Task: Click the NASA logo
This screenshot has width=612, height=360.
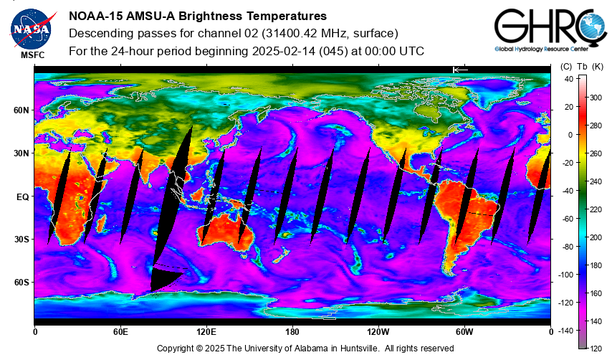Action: tap(32, 29)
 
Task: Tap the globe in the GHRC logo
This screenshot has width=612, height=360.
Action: tap(593, 26)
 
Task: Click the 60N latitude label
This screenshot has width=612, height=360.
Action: tap(21, 110)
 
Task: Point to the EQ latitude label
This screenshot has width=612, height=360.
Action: tap(23, 197)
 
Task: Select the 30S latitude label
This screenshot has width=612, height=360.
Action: tap(21, 240)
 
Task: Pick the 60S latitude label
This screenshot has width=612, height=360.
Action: tap(21, 283)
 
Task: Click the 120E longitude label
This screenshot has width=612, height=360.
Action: tap(206, 332)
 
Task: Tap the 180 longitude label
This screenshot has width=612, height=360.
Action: tap(292, 332)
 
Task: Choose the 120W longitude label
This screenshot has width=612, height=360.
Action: tap(378, 332)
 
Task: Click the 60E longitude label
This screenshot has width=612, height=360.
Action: tap(120, 332)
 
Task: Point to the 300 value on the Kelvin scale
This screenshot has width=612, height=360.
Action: tap(596, 98)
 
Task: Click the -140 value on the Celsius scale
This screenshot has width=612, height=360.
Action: tap(565, 331)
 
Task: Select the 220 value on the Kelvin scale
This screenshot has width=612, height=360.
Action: tap(596, 209)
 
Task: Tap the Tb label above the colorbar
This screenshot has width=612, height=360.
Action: tap(582, 67)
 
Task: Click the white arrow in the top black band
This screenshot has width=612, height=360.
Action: tap(460, 70)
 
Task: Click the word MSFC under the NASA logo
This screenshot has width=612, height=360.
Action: tap(33, 55)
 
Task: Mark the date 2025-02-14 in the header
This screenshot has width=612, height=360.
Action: tap(284, 51)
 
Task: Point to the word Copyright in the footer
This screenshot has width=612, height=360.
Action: tap(175, 349)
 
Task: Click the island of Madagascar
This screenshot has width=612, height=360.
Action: tap(101, 223)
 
